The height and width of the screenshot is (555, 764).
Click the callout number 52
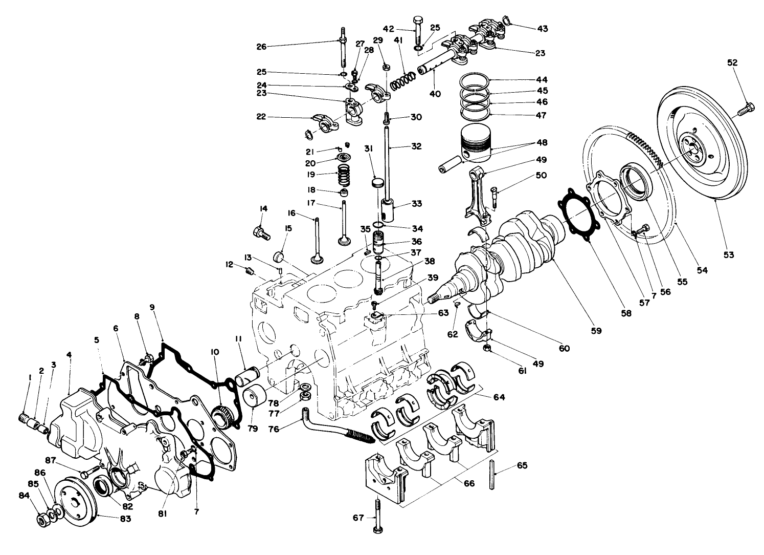(x=732, y=62)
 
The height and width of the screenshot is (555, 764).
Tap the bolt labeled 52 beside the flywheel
(x=745, y=109)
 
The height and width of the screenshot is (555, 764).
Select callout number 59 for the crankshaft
(x=597, y=331)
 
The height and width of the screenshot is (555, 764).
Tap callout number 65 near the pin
(x=522, y=465)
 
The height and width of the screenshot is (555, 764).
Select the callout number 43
(x=542, y=29)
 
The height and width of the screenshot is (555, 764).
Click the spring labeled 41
(x=403, y=79)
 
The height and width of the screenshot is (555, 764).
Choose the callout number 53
(x=728, y=254)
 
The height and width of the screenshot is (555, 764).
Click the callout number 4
(x=69, y=354)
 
